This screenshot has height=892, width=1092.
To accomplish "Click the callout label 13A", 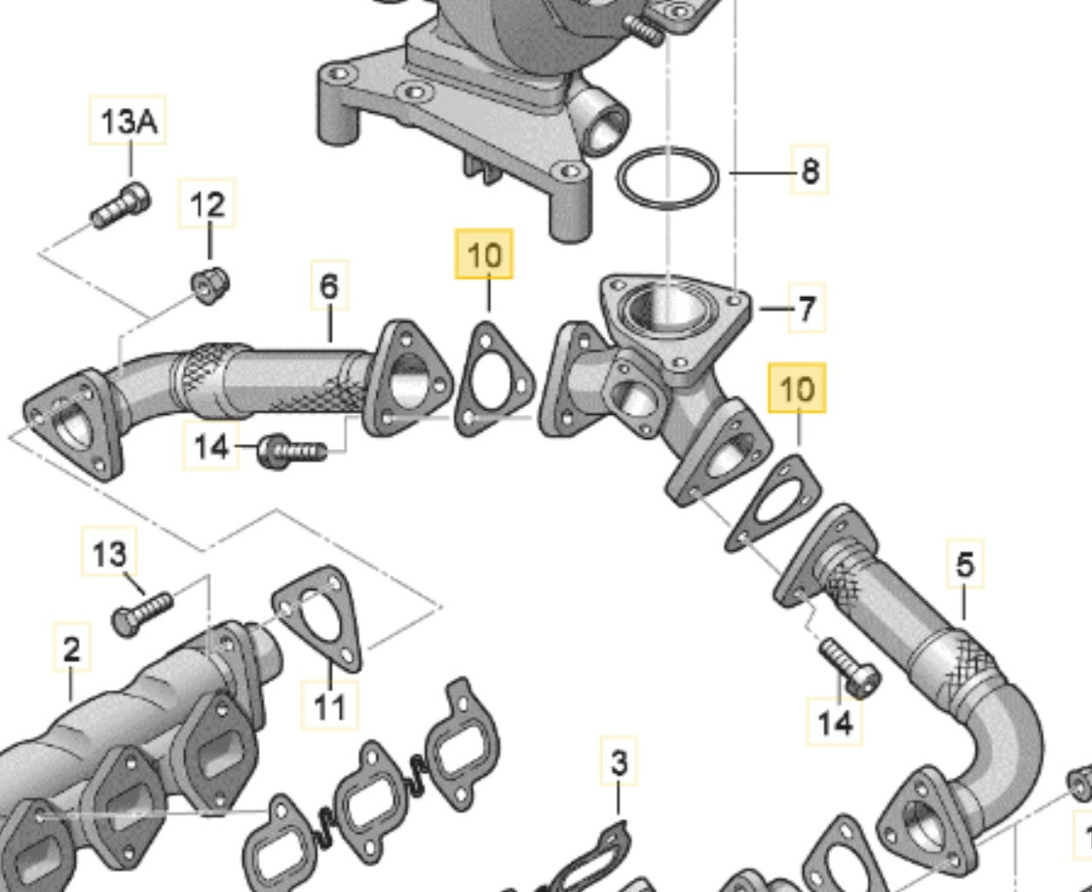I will point(129,122).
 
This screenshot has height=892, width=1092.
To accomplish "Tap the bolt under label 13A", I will point(121,204).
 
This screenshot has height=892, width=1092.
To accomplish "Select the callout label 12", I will point(207,204).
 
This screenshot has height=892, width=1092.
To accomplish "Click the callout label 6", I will point(329,286).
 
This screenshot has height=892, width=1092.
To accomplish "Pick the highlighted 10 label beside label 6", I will point(484,256).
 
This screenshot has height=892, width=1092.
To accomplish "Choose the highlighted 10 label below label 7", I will point(797,389).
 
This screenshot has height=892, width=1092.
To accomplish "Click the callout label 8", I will point(810,172).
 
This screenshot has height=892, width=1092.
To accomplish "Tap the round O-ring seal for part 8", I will point(668,178).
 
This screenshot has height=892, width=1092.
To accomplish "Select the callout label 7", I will point(806,310).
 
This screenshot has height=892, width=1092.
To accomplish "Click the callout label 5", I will point(964,564).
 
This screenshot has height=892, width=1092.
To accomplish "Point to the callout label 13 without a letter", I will point(109,554).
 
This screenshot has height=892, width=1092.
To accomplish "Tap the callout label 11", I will point(329,705).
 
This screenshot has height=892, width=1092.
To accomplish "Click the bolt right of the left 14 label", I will point(291,451).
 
